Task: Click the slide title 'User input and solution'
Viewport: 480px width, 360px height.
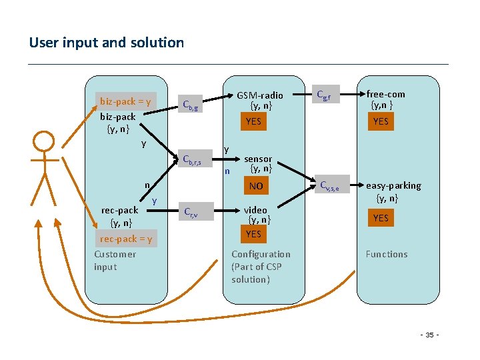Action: coord(107,43)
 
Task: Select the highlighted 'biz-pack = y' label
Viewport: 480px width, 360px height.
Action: coord(126,101)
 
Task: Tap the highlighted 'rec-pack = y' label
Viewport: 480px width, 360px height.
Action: coord(126,239)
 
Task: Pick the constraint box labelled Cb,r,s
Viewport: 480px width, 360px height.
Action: coord(197,159)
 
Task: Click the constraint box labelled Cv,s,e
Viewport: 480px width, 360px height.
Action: coord(329,187)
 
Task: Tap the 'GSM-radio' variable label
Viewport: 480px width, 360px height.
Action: coord(260,95)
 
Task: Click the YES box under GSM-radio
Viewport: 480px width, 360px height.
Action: coord(253,121)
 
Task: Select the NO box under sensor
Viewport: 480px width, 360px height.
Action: coord(256,186)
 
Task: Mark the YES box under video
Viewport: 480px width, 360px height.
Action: coord(253,234)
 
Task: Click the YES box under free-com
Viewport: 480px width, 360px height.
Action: coord(381,121)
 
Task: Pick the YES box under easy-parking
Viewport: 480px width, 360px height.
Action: coord(381,218)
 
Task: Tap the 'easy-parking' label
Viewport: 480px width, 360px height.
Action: coord(393,185)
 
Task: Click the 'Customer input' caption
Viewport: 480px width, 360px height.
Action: coord(115,260)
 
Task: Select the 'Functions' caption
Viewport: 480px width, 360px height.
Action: coord(386,254)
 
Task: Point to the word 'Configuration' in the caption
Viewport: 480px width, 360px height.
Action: coord(261,254)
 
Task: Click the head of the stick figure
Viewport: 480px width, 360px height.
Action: coord(44,142)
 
